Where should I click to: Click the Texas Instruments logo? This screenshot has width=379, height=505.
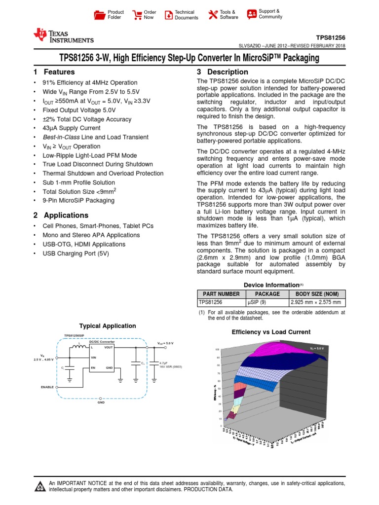pos(63,36)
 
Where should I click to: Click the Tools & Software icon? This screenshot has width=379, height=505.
pos(213,15)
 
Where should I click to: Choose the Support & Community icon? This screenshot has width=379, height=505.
pos(252,14)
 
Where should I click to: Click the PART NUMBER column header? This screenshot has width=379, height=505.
pos(221,294)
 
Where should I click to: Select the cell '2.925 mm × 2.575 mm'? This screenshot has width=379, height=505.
pos(318,303)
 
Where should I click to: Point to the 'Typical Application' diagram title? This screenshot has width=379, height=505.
pos(108,326)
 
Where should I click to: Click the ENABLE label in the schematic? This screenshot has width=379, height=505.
pos(47,387)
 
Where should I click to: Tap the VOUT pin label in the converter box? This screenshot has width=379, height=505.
pos(109,348)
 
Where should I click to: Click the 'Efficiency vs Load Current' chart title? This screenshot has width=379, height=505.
pos(271,332)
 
